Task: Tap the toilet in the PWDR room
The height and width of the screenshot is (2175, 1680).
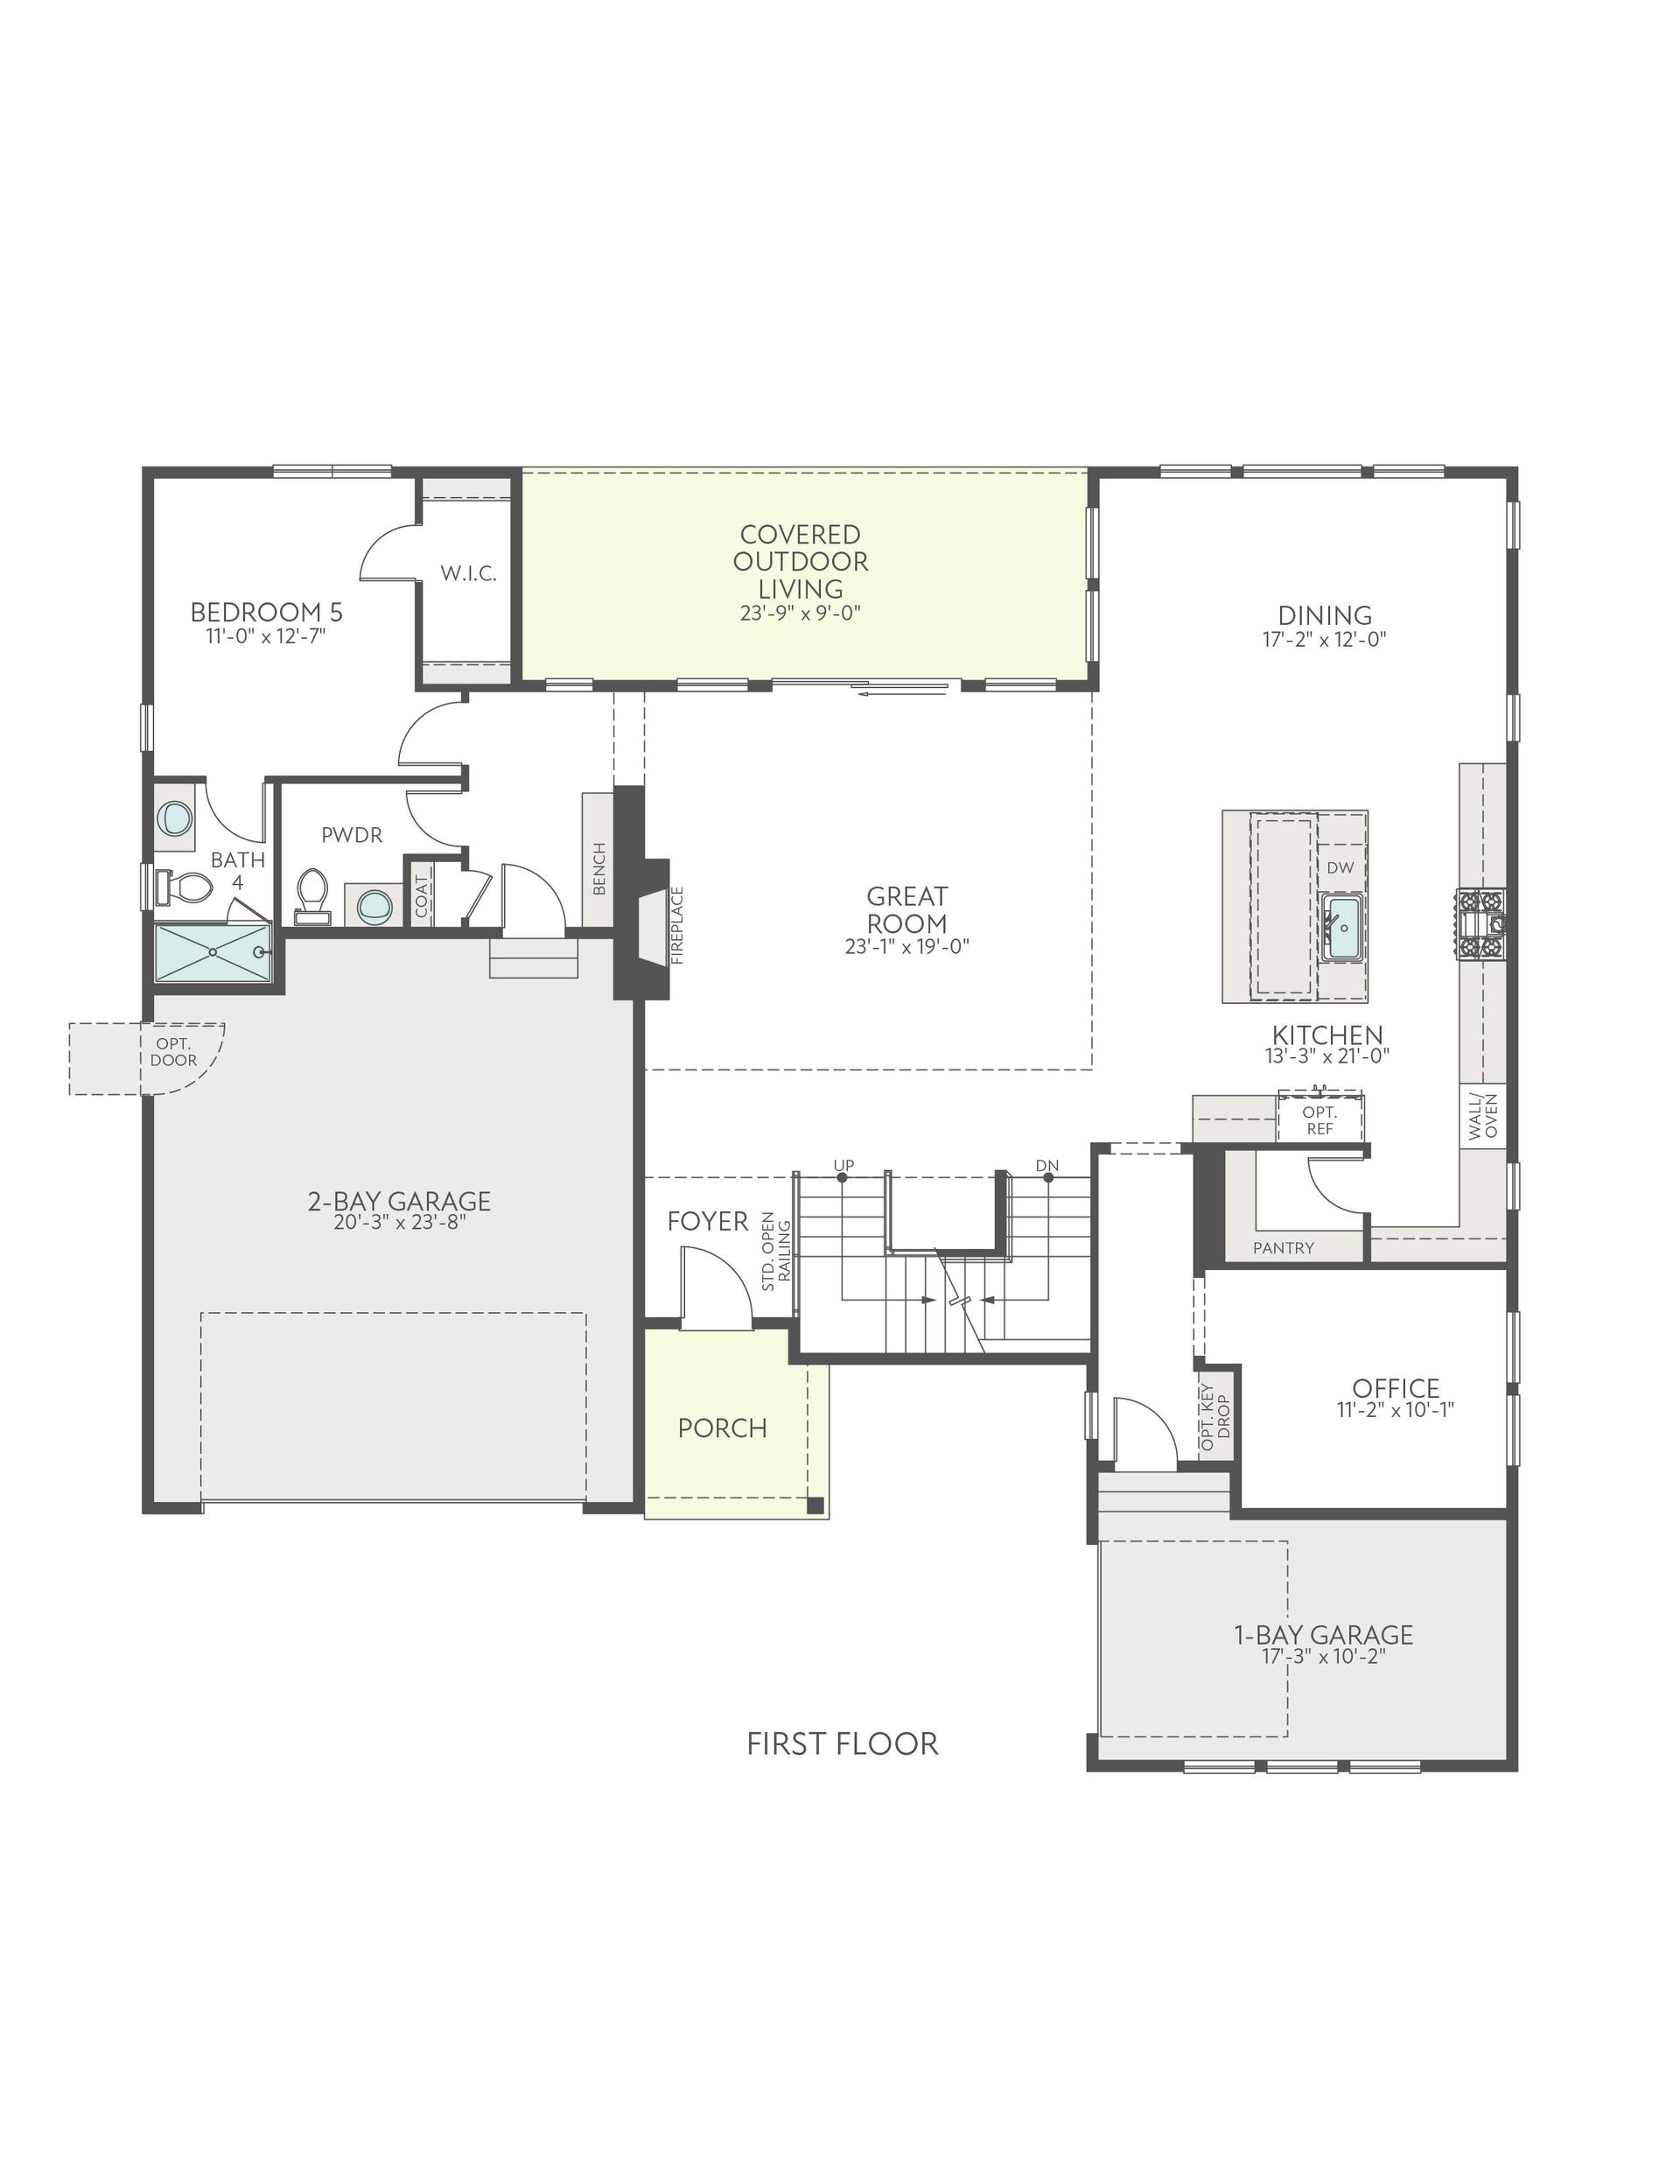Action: [312, 895]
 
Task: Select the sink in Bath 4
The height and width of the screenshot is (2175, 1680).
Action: [175, 818]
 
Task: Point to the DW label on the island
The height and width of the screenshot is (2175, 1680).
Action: [1340, 867]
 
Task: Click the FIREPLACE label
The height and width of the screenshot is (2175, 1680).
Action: [678, 925]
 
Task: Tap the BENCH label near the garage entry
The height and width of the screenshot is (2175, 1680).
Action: [599, 868]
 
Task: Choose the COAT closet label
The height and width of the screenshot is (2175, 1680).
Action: [421, 896]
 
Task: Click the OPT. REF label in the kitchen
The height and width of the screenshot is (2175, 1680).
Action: [1320, 1120]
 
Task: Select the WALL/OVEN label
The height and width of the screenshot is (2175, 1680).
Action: [1484, 1116]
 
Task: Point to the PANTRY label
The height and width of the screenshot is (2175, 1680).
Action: [1284, 1248]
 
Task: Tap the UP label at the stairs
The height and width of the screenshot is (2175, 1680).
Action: [843, 1165]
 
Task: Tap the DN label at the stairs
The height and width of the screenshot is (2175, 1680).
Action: [1046, 1165]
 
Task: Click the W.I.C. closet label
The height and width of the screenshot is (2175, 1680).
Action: [468, 573]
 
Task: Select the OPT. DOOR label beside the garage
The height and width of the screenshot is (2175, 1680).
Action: [173, 1052]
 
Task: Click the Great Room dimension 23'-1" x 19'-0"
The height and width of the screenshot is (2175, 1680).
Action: [906, 946]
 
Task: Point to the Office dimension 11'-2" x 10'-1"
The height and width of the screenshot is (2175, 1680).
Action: [1395, 1409]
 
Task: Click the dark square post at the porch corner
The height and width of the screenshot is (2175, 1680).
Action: [815, 1505]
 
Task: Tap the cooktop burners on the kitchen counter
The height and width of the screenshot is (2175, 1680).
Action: [1480, 924]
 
